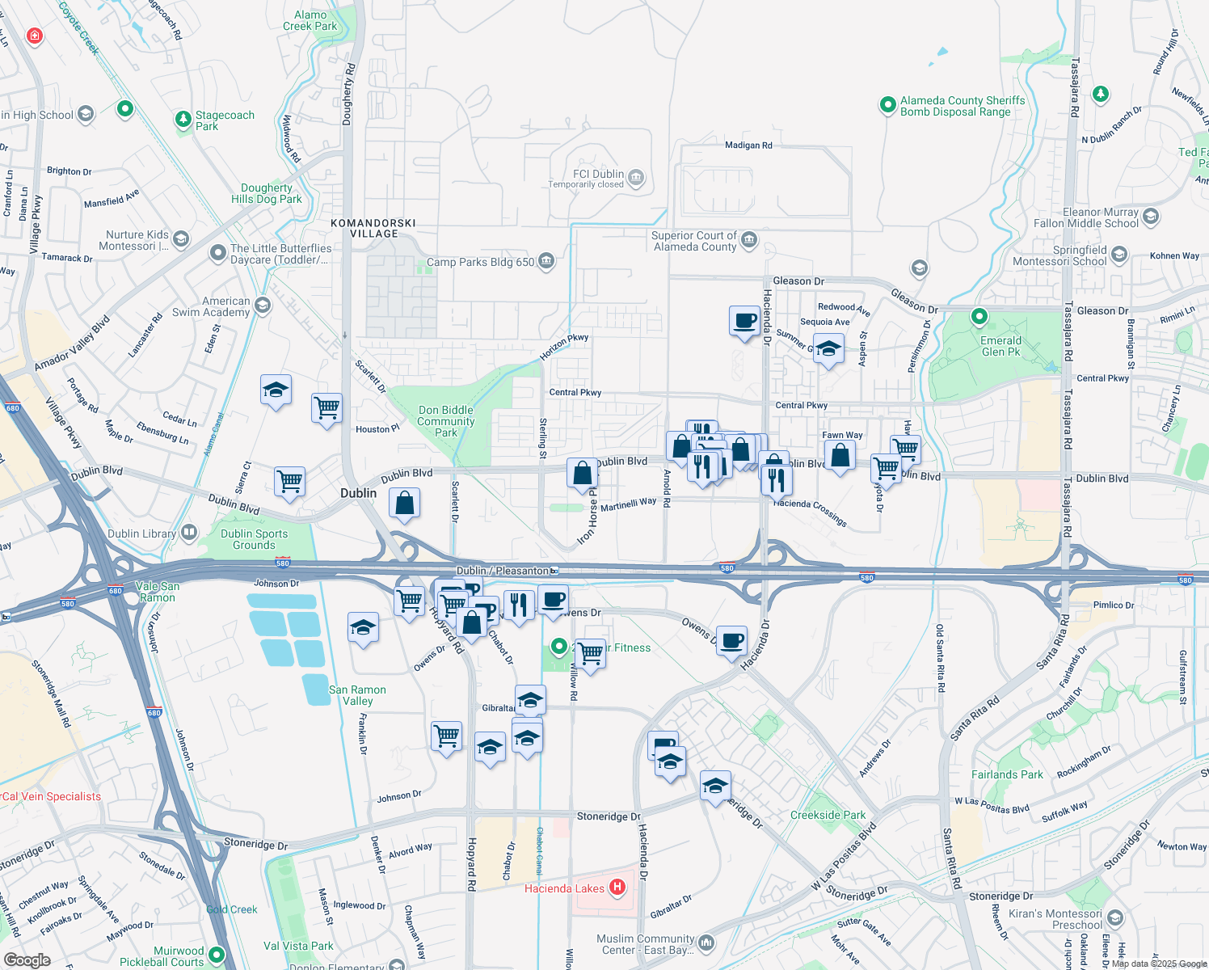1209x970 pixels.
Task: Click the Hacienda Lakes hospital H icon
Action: pyautogui.click(x=617, y=888)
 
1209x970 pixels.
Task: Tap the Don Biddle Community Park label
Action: pyautogui.click(x=446, y=421)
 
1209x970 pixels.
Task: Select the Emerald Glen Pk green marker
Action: pyautogui.click(x=979, y=316)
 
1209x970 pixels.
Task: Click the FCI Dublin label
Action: pyautogui.click(x=598, y=174)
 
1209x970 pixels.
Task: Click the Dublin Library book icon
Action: pyautogui.click(x=189, y=533)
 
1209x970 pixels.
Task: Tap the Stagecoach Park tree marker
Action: pyautogui.click(x=183, y=120)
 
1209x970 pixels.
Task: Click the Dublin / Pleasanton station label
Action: pyautogui.click(x=503, y=571)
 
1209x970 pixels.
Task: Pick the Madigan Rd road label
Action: pyautogui.click(x=748, y=145)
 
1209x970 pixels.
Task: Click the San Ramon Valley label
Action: pyautogui.click(x=357, y=695)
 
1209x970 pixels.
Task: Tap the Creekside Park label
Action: pyautogui.click(x=828, y=815)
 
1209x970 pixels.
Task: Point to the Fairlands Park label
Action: pyautogui.click(x=1007, y=774)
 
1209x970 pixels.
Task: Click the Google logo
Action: pyautogui.click(x=27, y=959)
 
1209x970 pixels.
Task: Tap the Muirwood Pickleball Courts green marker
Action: pyautogui.click(x=216, y=955)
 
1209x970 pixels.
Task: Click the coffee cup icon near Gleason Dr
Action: pyautogui.click(x=744, y=321)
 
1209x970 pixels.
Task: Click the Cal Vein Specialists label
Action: pyautogui.click(x=52, y=796)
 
